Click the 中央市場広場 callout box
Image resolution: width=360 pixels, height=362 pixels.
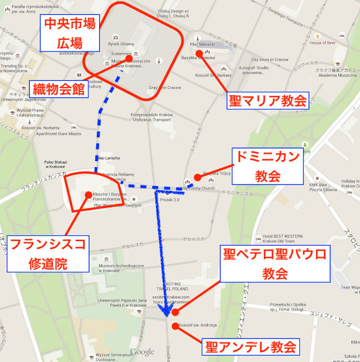[x=70, y=33]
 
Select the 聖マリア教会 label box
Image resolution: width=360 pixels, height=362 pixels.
[x=268, y=100]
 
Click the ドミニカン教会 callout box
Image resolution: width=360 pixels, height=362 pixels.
[x=268, y=166]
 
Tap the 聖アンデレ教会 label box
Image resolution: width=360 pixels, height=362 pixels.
[x=250, y=347]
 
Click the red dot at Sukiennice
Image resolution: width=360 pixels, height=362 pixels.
[x=128, y=58]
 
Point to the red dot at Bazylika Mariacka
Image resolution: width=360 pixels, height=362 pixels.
[x=199, y=53]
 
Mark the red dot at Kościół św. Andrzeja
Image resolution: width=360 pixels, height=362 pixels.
[x=175, y=326]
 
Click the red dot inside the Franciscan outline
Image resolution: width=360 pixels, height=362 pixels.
[x=88, y=195]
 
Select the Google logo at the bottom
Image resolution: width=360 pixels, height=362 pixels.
[x=142, y=351]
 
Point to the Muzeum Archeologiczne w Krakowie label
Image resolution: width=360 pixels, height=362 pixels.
[x=117, y=268]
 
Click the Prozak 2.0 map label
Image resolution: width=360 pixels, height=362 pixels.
[x=169, y=200]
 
